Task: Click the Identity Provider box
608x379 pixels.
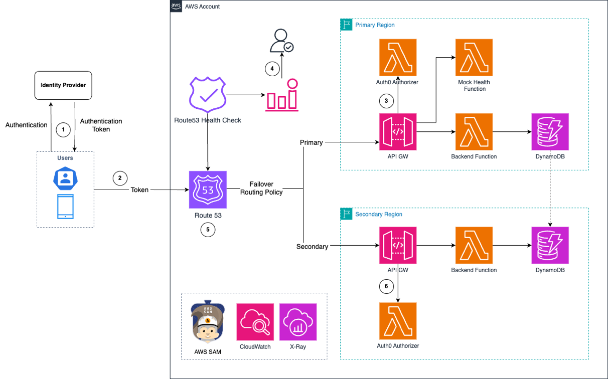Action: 63,85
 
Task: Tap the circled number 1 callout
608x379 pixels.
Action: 63,130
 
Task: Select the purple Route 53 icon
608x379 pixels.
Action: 208,189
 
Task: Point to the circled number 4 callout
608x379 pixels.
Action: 272,69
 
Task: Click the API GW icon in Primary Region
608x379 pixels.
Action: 398,132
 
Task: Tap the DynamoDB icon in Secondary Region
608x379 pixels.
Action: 550,245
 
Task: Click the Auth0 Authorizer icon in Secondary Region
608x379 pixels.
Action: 398,321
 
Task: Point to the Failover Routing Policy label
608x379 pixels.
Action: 261,188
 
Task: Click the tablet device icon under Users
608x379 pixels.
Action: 65,207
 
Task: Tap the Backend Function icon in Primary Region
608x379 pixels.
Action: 474,132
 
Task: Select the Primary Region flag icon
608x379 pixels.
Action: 346,25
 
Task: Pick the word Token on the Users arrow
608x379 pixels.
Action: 139,190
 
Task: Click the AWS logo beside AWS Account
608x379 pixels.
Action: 176,6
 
